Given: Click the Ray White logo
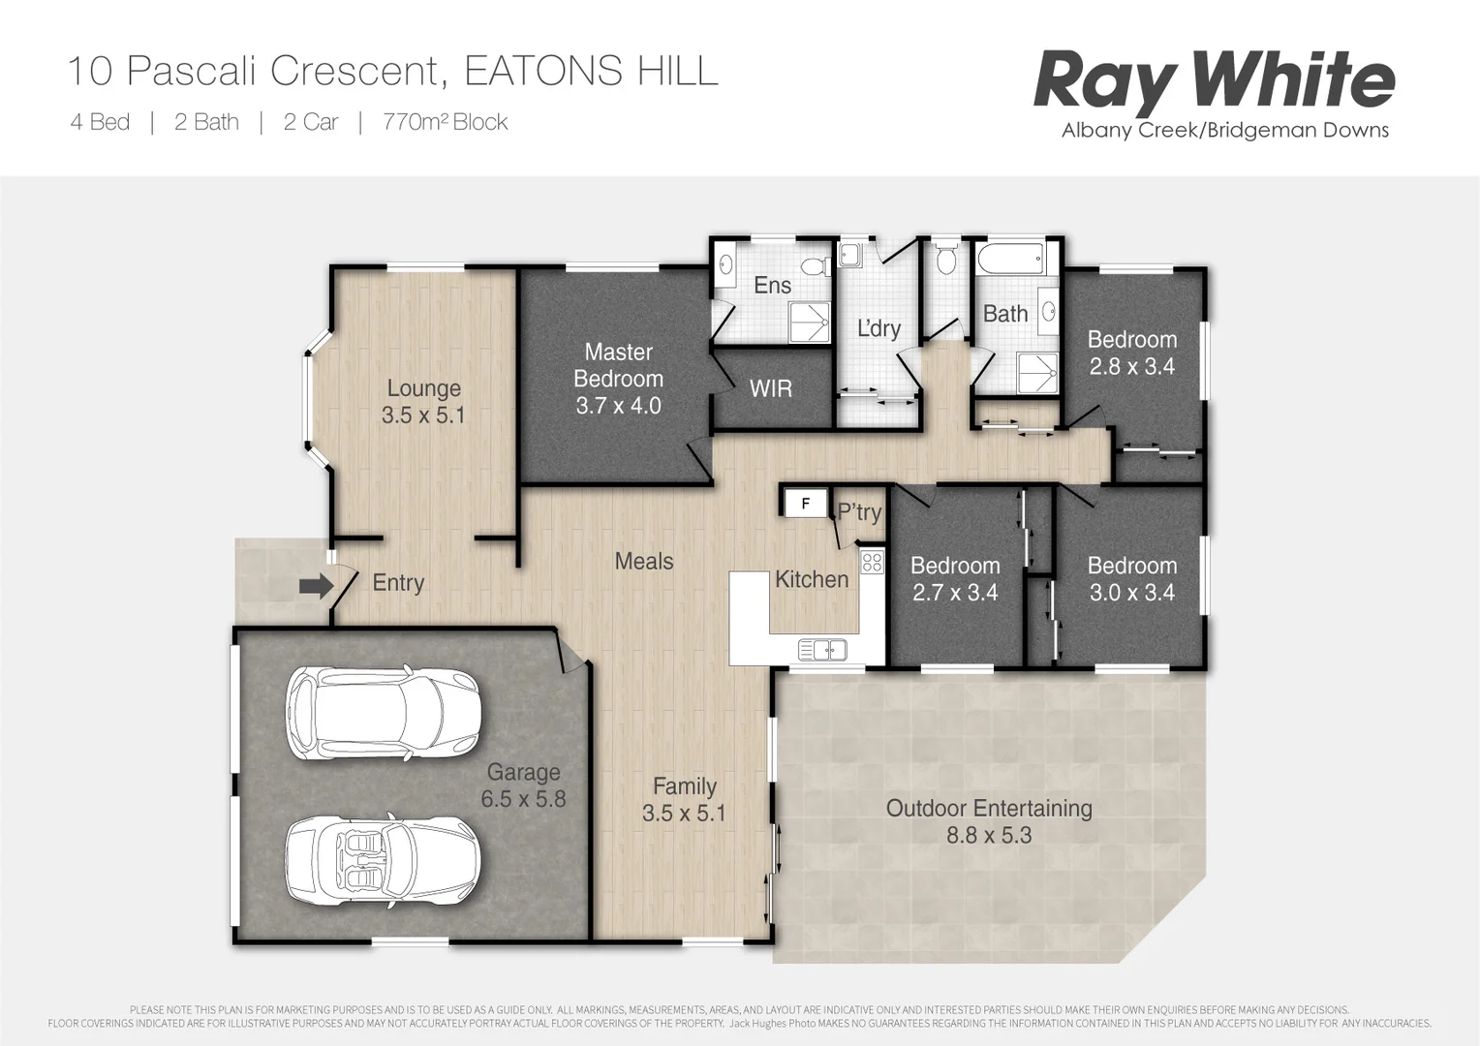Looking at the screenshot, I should pos(1214,82).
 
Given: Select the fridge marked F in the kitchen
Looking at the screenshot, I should pos(805,504).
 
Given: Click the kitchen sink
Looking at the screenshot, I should pos(822,649).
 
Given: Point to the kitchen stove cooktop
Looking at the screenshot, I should pos(872,561).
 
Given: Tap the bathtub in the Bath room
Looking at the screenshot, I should pos(1010,260).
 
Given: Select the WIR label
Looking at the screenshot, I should pos(771,388).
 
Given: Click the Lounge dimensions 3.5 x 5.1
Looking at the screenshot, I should pos(423,415).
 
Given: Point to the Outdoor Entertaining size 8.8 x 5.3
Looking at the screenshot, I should pos(989,835).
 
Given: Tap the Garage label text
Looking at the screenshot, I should pos(523,772).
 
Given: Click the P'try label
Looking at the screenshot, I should pos(859,512).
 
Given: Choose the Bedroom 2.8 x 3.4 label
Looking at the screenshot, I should pos(1131,353).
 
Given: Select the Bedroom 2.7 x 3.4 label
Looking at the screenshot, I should pos(955,578).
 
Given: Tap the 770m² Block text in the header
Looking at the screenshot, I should pos(446,122).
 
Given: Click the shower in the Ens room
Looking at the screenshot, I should pos(809,322).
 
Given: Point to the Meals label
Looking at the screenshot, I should pos(644,561).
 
